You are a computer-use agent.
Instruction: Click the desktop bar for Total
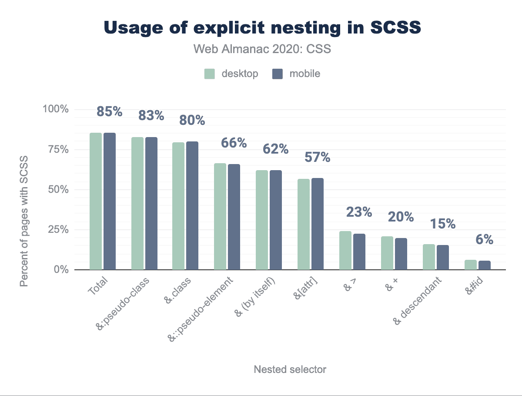(x=96, y=201)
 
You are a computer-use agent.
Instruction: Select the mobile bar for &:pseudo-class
(x=151, y=203)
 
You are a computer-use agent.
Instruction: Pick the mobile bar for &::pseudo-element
(x=234, y=217)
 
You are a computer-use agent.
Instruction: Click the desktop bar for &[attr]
(x=304, y=224)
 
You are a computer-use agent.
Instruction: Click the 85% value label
(x=110, y=112)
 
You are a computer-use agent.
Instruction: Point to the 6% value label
(x=484, y=239)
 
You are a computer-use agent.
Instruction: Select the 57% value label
(x=318, y=157)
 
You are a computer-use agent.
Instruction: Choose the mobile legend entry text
(x=304, y=74)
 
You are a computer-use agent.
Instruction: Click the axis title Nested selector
(x=290, y=369)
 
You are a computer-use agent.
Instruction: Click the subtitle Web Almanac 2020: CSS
(x=262, y=49)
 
